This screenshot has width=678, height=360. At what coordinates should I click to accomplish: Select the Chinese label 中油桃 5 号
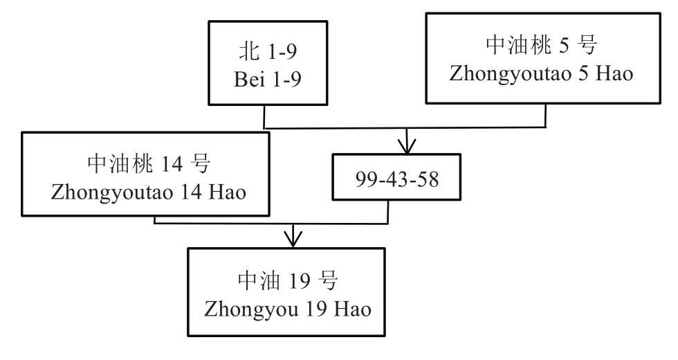coord(542,45)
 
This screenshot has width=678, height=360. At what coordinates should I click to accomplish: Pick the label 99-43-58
coord(392,178)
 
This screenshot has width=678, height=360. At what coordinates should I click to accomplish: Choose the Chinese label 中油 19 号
coord(287,280)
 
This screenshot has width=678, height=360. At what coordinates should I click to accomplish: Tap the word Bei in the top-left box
coord(246,78)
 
